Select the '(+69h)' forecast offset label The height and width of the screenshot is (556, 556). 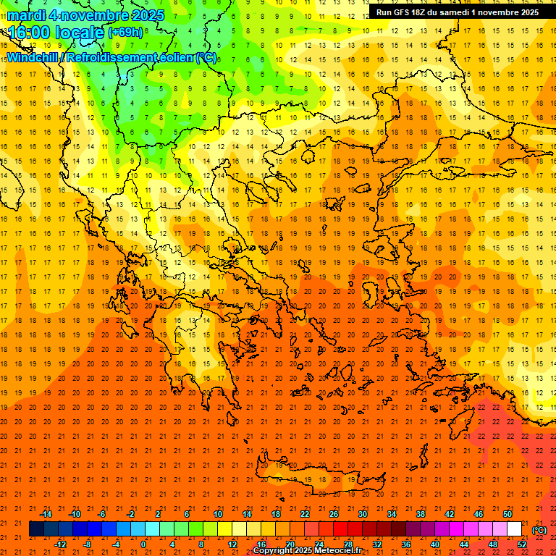pyautogui.click(x=125, y=33)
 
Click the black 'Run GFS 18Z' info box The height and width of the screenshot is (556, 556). pyautogui.click(x=457, y=12)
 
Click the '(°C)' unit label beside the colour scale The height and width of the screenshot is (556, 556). pyautogui.click(x=539, y=530)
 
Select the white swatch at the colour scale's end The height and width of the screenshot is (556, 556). pyautogui.click(x=515, y=529)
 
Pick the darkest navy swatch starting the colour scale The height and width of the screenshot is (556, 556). pyautogui.click(x=36, y=529)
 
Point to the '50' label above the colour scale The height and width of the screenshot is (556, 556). pyautogui.click(x=507, y=514)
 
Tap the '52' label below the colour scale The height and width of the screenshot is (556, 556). pyautogui.click(x=522, y=544)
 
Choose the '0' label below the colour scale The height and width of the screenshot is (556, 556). pyautogui.click(x=143, y=544)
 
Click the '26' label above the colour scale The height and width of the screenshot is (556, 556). pyautogui.click(x=334, y=514)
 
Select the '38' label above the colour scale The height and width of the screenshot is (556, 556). pyautogui.click(x=421, y=514)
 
